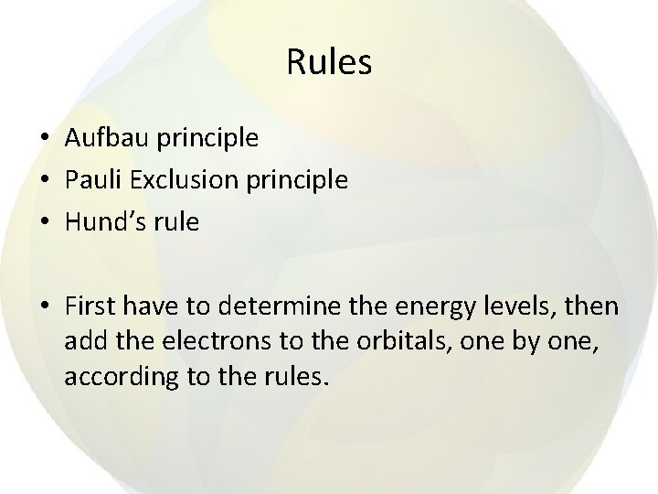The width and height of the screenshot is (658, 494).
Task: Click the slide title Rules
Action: coord(328,62)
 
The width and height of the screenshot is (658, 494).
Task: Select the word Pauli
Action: coord(90,180)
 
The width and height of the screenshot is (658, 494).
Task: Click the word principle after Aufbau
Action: coord(207,139)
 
